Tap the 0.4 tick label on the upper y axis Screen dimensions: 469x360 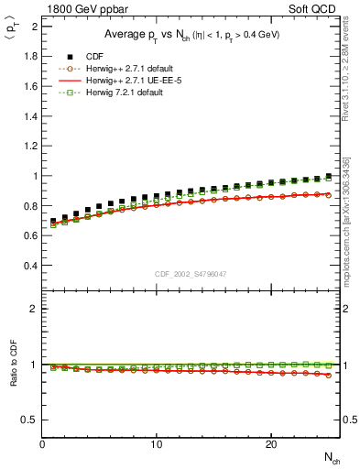click(30, 266)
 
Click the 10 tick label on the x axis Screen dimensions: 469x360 click(157, 444)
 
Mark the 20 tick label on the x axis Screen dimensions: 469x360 click(270, 444)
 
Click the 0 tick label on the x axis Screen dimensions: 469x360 click(43, 444)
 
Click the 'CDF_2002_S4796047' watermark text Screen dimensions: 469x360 click(191, 274)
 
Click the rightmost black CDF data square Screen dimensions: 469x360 click(329, 176)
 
